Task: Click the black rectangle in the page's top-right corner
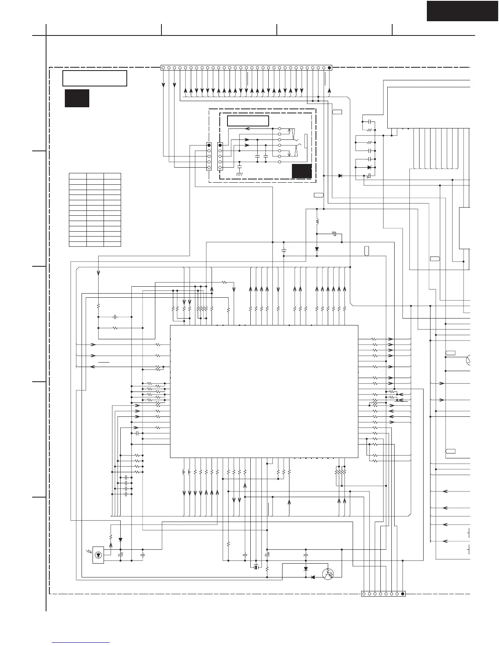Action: (462, 11)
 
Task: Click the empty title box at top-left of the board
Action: (95, 78)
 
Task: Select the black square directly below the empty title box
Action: (77, 98)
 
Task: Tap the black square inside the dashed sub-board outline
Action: (302, 171)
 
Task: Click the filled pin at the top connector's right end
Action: (329, 68)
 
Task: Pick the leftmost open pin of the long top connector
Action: (163, 68)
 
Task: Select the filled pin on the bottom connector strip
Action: (403, 594)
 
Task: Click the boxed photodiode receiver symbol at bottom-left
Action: (98, 555)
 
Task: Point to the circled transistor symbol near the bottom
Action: (328, 574)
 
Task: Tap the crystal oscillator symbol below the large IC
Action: (256, 567)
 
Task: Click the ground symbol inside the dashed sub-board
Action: (239, 173)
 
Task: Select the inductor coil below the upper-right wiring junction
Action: (317, 222)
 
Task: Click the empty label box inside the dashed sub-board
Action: (248, 121)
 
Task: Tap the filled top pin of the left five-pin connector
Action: (209, 145)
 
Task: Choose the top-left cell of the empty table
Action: (78, 176)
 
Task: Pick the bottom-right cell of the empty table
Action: (112, 244)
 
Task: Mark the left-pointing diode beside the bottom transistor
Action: (313, 577)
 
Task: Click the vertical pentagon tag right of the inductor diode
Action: (367, 251)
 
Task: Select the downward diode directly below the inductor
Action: (317, 249)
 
